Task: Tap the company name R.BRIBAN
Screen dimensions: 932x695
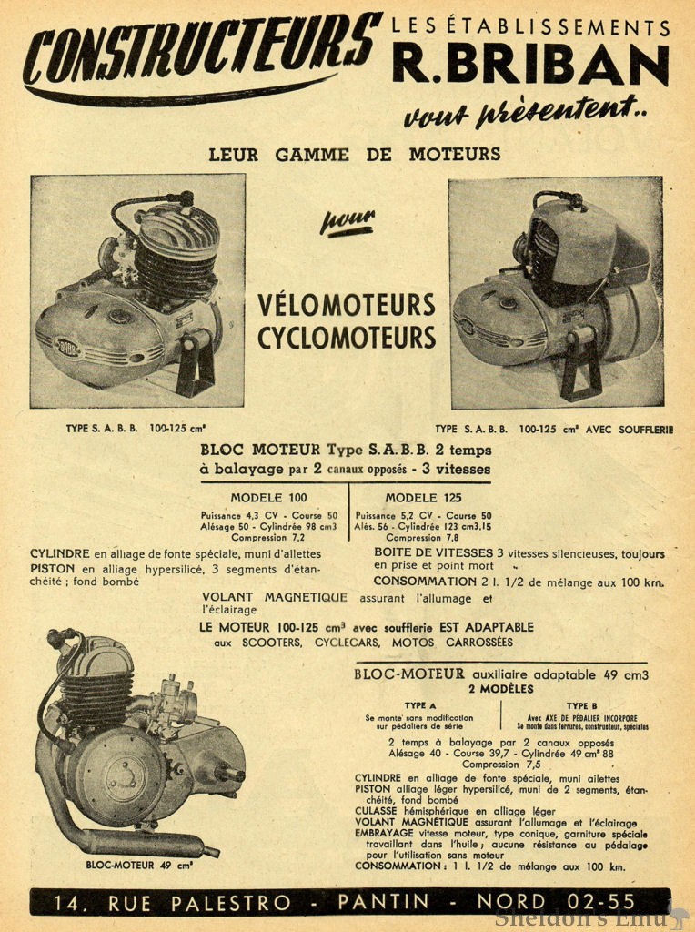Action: (530, 66)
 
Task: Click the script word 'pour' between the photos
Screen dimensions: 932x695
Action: (347, 221)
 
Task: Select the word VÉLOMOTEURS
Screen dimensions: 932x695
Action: (346, 304)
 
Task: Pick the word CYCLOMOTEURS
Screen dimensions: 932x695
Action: (346, 338)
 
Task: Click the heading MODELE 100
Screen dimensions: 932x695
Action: (268, 498)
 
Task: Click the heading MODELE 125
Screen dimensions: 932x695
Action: (423, 498)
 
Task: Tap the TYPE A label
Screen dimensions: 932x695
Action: (420, 705)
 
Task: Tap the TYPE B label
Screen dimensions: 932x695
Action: (581, 705)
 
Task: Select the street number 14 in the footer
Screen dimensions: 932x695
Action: (68, 902)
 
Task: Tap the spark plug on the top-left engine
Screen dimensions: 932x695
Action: (186, 198)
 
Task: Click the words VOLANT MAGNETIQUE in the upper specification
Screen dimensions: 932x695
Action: (275, 598)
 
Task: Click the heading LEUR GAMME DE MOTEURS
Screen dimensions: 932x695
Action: (355, 154)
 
